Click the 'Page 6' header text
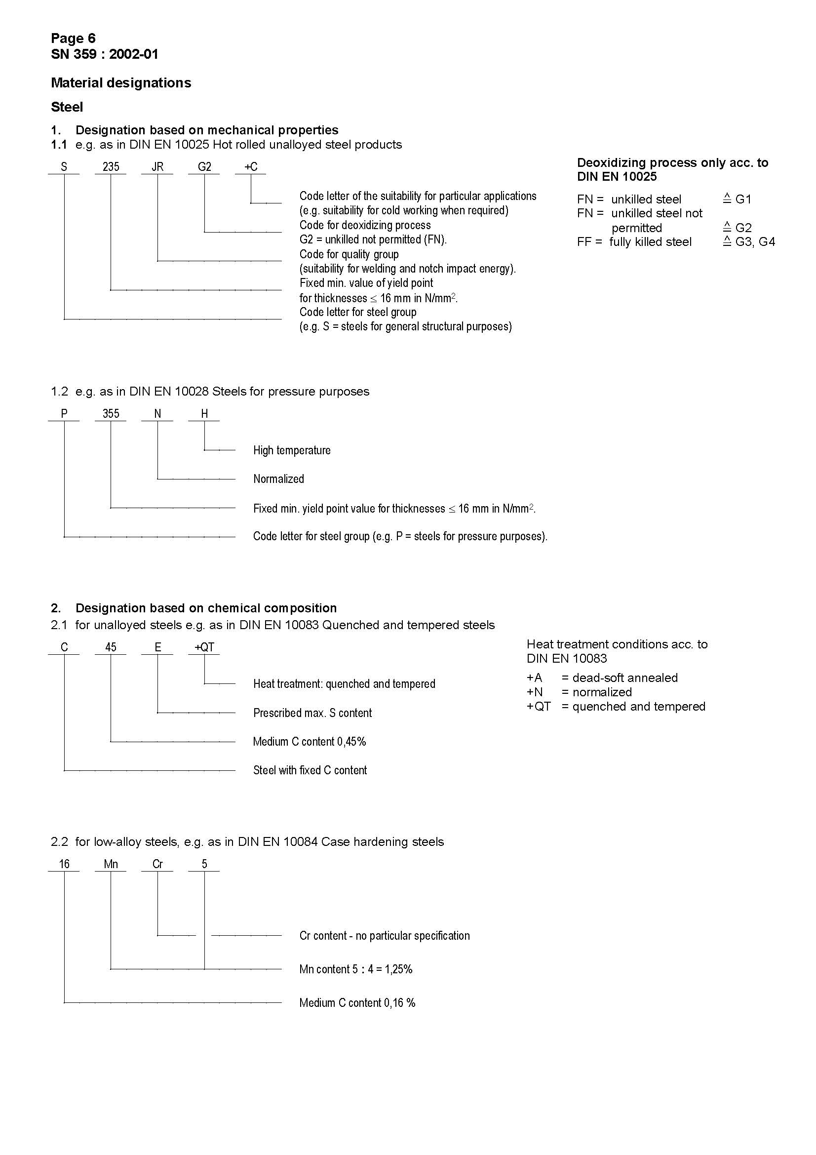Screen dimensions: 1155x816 pos(73,38)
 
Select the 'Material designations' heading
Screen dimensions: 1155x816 pos(120,83)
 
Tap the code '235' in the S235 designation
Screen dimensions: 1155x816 pos(111,167)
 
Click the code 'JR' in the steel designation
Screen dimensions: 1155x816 pos(157,167)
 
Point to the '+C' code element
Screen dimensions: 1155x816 pos(251,167)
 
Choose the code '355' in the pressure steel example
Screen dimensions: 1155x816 pos(111,413)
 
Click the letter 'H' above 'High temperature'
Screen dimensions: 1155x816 pos(204,413)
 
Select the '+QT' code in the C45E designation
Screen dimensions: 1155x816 pos(204,647)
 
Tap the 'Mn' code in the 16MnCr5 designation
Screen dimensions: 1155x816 pos(111,864)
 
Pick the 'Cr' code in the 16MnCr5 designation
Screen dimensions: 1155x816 pos(157,864)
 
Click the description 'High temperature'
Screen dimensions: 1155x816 pos(292,450)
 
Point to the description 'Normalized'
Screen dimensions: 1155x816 pos(278,479)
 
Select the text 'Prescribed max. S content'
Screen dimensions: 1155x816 pos(312,713)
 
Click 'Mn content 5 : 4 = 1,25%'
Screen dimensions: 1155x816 pos(355,969)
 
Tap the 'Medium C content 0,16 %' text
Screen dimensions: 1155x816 pos(357,1003)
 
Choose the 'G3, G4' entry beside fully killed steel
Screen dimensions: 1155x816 pos(755,242)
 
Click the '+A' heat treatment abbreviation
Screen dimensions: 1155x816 pos(535,678)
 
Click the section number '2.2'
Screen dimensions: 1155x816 pos(59,842)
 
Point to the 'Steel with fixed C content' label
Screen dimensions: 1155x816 pos(310,770)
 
